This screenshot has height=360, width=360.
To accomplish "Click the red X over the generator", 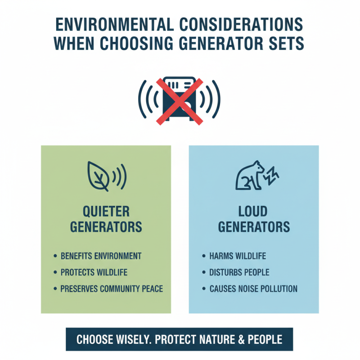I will coord(180,100).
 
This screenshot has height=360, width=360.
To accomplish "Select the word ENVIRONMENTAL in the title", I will coord(124,24).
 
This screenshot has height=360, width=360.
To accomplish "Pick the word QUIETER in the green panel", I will coord(106,211).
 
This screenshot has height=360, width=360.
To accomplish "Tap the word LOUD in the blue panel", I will coord(254,211).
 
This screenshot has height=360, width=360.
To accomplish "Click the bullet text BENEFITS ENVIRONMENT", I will coord(101,256).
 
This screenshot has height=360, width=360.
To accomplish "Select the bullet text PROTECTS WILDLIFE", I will coord(94,272).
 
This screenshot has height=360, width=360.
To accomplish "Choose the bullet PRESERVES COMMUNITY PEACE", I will coord(112,288).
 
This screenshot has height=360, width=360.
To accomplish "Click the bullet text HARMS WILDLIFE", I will coord(238,256).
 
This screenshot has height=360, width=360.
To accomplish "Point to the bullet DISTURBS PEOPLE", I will coord(239,272).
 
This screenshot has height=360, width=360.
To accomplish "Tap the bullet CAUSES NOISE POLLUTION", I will coord(253,288).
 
